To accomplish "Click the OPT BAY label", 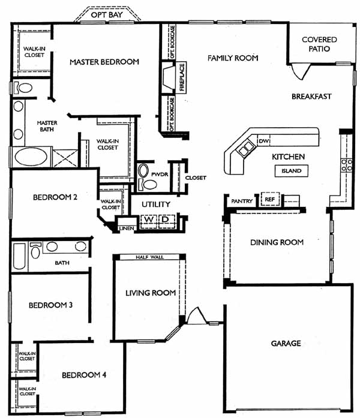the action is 107,14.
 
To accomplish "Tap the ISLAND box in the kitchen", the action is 292,171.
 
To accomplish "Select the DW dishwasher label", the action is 264,141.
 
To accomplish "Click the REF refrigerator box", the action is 270,199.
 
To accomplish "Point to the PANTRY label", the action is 242,201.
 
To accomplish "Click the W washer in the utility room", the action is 149,220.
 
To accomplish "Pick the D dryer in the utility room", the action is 166,220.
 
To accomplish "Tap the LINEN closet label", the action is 127,228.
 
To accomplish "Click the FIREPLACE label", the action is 182,77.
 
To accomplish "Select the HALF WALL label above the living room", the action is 149,257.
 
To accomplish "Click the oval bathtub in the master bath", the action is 31,157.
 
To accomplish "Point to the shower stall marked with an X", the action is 65,158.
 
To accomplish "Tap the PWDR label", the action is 160,175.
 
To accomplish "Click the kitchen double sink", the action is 246,149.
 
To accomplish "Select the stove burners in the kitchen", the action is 347,165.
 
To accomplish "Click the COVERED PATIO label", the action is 319,44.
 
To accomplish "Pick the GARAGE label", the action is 286,344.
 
